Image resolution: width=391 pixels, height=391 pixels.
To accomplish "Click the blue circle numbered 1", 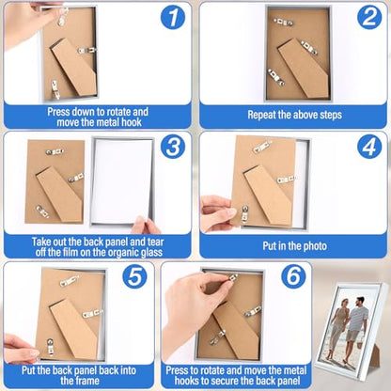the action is click(x=173, y=17).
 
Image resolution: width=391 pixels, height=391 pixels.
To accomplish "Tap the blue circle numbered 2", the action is click(x=369, y=17).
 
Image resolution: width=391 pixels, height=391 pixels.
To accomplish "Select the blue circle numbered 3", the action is click(x=173, y=147).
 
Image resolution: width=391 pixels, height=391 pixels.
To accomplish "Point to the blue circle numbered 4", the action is click(x=369, y=147).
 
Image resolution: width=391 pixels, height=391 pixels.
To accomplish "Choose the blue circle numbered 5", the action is click(x=134, y=277).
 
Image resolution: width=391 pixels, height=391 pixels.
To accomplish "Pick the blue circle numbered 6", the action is click(x=293, y=277).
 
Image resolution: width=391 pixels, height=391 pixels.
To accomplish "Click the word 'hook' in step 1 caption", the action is click(x=132, y=122).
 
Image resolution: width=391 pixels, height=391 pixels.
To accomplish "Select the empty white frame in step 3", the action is click(x=122, y=181).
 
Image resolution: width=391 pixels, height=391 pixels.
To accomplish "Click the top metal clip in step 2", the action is click(x=283, y=22).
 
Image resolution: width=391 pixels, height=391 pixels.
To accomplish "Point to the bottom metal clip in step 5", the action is click(x=50, y=346).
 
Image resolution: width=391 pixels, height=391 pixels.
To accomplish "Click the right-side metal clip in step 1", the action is click(x=86, y=50).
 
